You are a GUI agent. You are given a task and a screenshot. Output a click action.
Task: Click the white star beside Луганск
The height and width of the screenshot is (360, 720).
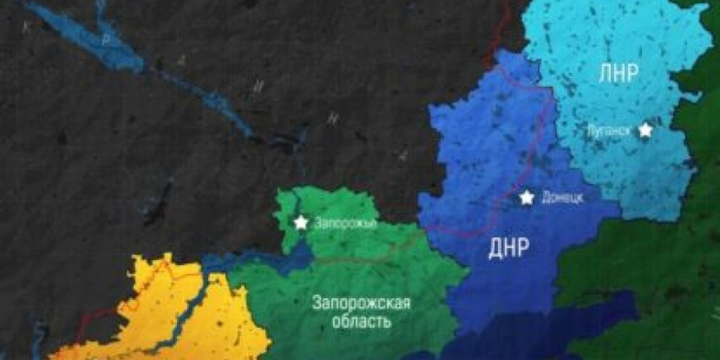pos(645,130)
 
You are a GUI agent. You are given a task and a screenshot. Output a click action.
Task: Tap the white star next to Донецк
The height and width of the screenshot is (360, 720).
pos(527,197)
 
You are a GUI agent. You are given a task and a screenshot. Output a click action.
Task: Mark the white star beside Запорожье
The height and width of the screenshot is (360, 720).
pos(301,223)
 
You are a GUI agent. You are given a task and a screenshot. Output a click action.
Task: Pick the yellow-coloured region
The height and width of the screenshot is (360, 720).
pos(169,313)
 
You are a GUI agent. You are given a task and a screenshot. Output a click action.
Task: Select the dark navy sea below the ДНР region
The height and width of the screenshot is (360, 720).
pos(508,343)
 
